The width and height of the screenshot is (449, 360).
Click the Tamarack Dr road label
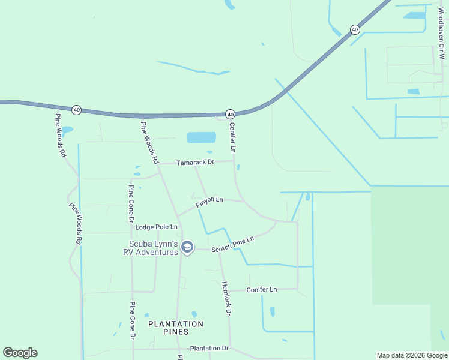195,163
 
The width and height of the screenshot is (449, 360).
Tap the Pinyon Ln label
209,202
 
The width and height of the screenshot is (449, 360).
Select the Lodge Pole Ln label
157,227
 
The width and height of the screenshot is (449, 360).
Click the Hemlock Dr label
226,298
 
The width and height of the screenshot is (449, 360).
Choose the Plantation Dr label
209,348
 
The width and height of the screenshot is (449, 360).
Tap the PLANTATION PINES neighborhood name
176,328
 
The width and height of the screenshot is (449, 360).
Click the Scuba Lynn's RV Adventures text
154,248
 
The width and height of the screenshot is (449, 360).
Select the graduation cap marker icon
187,247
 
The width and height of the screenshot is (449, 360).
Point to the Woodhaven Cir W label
441,34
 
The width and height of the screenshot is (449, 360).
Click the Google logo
20,353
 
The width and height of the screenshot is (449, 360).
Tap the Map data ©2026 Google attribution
412,355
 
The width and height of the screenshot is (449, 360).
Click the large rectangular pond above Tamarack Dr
201,137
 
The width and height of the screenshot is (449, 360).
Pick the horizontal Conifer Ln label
262,290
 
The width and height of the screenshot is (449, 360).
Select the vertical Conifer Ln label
232,136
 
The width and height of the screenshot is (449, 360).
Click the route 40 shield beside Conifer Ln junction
230,114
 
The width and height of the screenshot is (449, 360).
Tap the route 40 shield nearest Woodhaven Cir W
355,29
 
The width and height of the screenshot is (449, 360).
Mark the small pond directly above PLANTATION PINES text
194,314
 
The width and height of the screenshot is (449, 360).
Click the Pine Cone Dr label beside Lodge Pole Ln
130,203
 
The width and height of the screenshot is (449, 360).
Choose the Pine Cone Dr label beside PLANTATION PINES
132,320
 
